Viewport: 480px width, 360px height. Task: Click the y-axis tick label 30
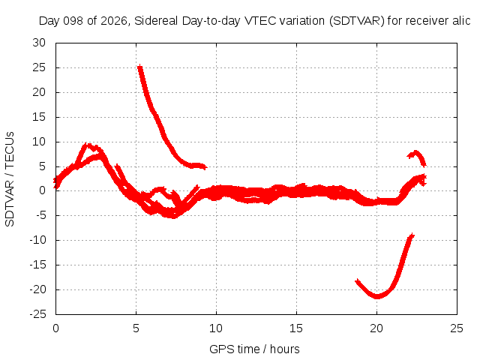(x=39, y=43)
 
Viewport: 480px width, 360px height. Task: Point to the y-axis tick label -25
(x=37, y=314)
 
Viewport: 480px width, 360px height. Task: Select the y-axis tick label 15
(x=39, y=117)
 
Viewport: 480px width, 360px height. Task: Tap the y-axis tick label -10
(x=37, y=240)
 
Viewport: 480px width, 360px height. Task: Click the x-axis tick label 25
(x=457, y=328)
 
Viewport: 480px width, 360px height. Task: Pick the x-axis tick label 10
(x=216, y=328)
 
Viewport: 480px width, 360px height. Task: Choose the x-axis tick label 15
(x=296, y=328)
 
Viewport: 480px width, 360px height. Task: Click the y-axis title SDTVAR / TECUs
(x=10, y=179)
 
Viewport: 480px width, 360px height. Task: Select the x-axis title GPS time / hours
(x=254, y=349)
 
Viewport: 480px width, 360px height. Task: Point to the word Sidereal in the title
(x=156, y=21)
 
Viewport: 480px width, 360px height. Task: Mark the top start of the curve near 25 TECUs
(x=140, y=67)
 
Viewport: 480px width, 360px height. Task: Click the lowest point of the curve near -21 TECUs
(x=377, y=296)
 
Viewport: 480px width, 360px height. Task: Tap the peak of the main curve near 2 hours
(x=88, y=145)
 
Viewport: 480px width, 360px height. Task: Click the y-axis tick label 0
(x=42, y=190)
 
